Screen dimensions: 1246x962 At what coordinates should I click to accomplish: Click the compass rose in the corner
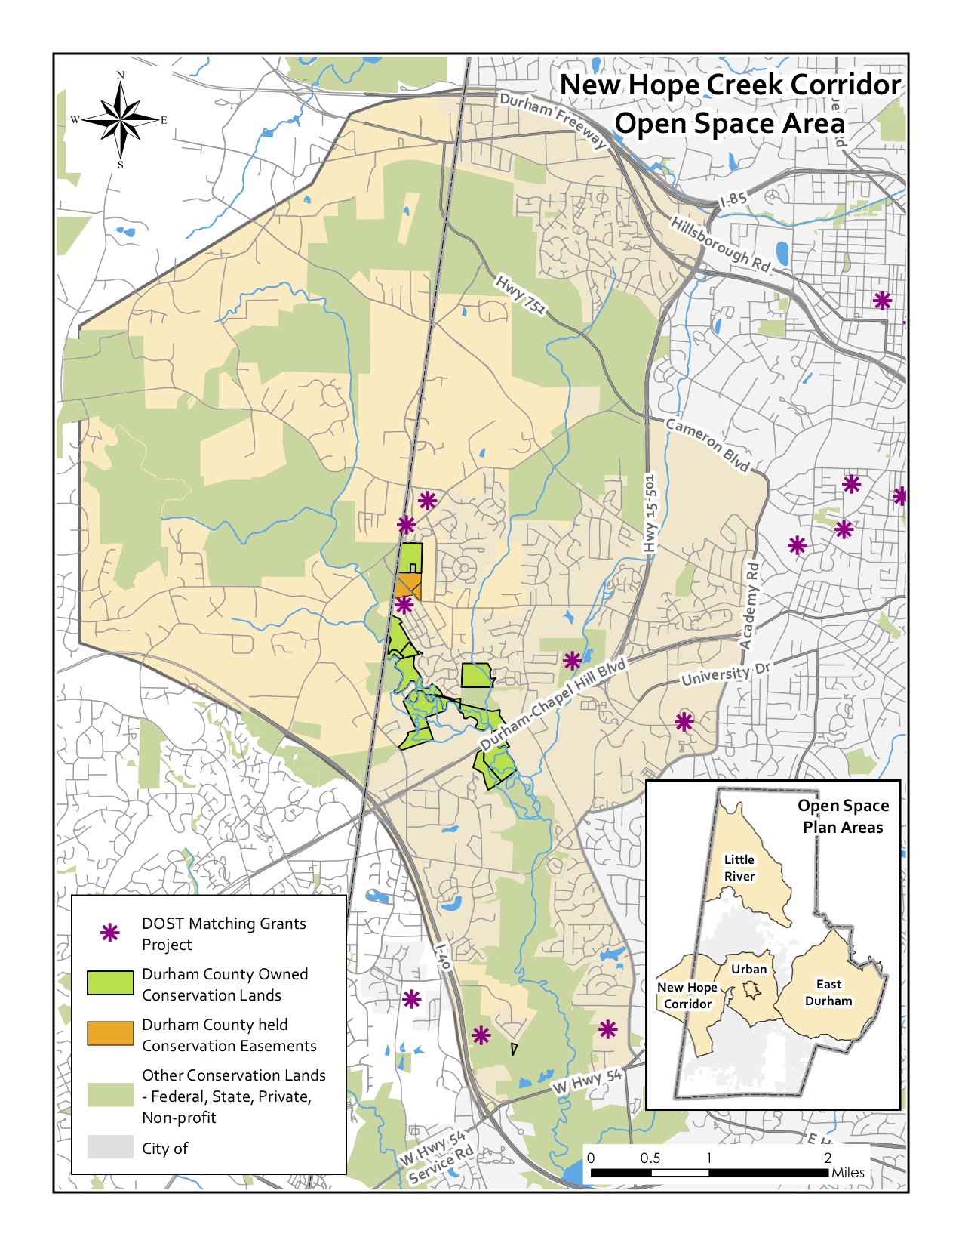(x=120, y=119)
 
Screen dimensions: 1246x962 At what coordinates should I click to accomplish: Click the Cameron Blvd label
(x=708, y=445)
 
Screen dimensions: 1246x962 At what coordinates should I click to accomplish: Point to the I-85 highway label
(x=733, y=200)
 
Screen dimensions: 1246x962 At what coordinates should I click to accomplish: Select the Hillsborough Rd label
(x=720, y=244)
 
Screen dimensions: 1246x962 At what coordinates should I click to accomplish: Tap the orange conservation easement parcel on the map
(x=407, y=585)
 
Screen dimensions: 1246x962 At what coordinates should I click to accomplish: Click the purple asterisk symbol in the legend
(x=110, y=933)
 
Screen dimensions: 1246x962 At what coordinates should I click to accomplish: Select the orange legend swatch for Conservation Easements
(x=110, y=1034)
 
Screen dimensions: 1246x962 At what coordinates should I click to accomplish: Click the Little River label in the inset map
(x=739, y=868)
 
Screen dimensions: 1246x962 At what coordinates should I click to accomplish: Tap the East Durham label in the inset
(x=828, y=992)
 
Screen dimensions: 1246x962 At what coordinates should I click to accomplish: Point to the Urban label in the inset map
(x=748, y=969)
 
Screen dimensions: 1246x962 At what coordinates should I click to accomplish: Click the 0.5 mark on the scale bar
(x=650, y=1158)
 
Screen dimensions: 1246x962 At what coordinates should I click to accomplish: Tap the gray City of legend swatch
(x=110, y=1147)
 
